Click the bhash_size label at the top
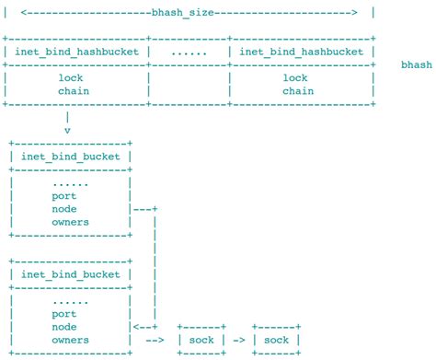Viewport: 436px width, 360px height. tap(188, 12)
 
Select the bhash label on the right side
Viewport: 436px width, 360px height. tap(418, 65)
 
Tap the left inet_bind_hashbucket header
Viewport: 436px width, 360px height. tap(77, 52)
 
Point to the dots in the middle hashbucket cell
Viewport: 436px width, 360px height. tap(189, 52)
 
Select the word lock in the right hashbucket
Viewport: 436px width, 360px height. tap(296, 78)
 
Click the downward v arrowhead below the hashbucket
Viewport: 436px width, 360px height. tap(68, 131)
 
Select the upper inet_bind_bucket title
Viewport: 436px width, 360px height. tap(71, 157)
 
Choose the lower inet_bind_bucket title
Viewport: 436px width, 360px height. tap(71, 274)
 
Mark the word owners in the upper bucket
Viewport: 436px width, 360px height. tap(71, 222)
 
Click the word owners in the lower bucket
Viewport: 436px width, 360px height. tap(71, 340)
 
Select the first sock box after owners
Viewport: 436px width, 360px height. tap(201, 340)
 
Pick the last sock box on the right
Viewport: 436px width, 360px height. tap(276, 340)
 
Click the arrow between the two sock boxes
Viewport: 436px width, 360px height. tap(238, 340)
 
